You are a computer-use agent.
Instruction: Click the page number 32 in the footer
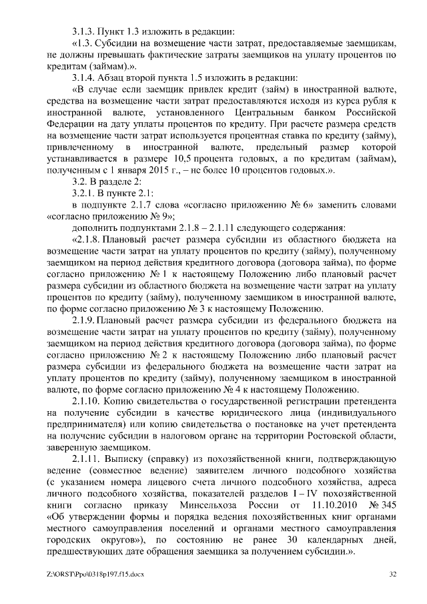(x=392, y=574)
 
